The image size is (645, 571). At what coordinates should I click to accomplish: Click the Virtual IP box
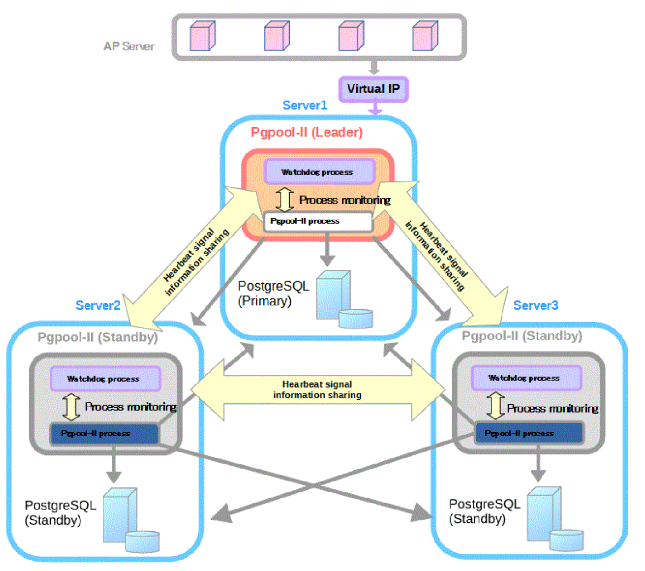click(x=373, y=89)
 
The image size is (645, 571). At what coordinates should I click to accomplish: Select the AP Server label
click(x=129, y=46)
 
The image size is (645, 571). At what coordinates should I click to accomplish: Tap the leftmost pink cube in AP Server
click(x=202, y=36)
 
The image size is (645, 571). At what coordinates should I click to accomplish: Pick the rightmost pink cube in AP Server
click(x=425, y=36)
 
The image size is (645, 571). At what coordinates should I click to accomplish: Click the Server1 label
click(x=305, y=105)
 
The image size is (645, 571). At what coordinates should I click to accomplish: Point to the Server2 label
click(x=98, y=305)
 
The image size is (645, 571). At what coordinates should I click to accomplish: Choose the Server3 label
click(x=536, y=305)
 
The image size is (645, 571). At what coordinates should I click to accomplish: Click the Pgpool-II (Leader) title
click(x=307, y=132)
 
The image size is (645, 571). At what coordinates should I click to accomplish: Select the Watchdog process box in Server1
click(x=320, y=172)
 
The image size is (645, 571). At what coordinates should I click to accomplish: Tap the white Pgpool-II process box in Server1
click(x=317, y=221)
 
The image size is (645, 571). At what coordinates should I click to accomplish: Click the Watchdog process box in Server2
click(x=105, y=379)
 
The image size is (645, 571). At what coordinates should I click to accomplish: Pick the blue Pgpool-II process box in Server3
click(x=528, y=433)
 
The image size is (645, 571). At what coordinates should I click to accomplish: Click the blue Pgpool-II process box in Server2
click(x=104, y=434)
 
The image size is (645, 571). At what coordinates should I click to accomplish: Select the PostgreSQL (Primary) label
click(x=273, y=294)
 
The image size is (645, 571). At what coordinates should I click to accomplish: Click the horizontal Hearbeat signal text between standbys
click(x=317, y=390)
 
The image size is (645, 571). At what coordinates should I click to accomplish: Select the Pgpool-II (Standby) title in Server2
click(x=97, y=337)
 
